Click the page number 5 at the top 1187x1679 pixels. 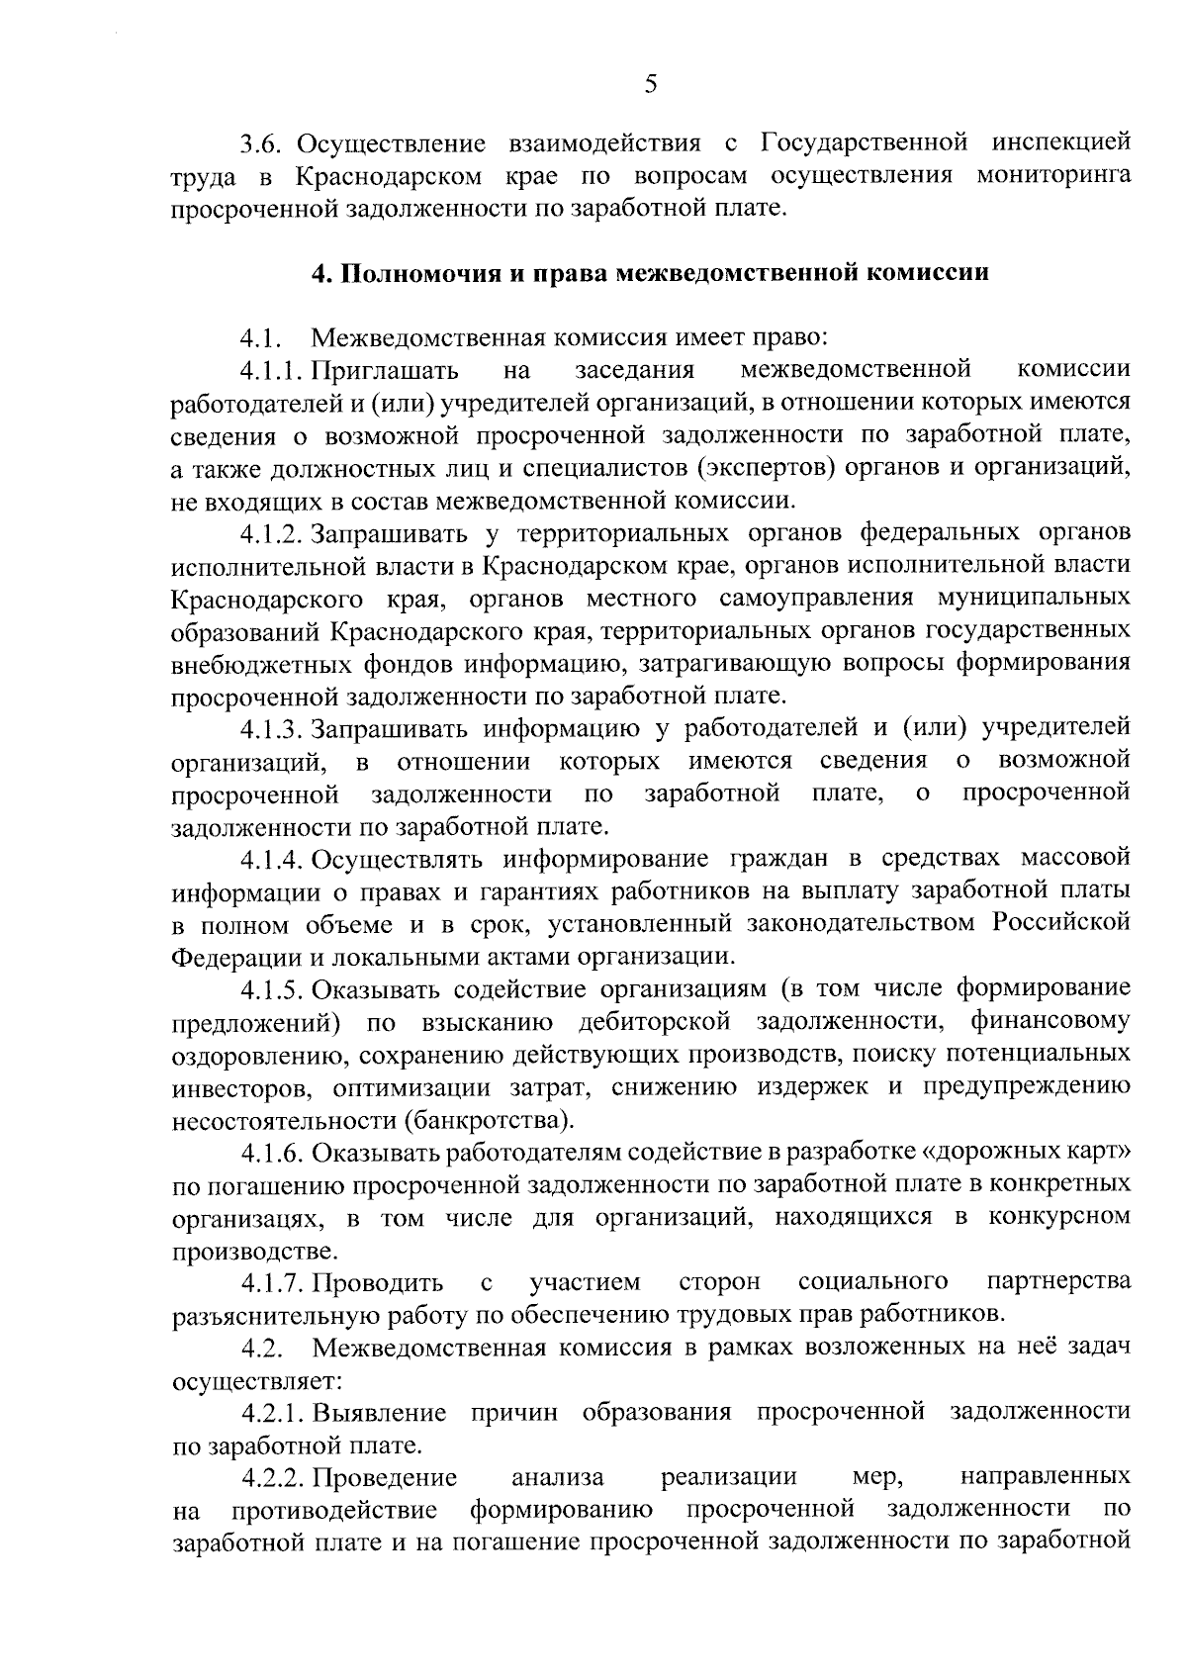650,85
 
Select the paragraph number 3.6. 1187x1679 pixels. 262,144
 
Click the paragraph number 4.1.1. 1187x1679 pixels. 273,371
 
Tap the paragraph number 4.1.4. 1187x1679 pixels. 273,858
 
